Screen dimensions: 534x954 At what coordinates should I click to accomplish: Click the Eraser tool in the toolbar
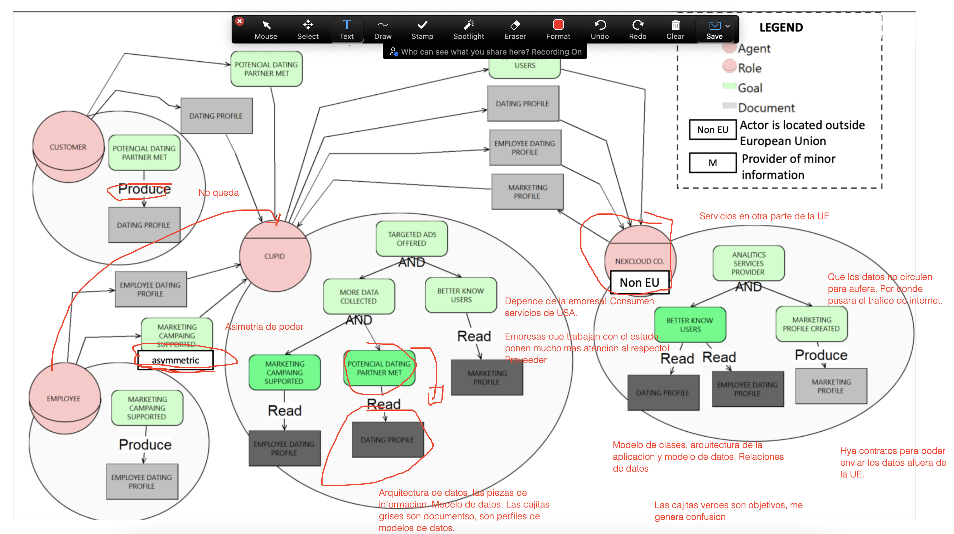tap(515, 29)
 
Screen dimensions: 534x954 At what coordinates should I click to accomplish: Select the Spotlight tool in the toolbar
tap(468, 29)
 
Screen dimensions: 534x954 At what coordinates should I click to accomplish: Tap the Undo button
tap(600, 29)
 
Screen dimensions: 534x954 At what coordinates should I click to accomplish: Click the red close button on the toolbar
tap(240, 22)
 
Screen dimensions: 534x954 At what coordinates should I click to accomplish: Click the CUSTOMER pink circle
tap(68, 147)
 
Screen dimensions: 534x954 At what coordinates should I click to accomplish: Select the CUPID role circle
tap(275, 256)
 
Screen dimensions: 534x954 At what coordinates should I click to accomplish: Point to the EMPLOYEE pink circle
tap(64, 398)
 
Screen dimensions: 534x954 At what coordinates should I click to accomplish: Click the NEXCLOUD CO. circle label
tap(640, 261)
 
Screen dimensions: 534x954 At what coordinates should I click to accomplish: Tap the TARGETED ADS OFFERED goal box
tap(411, 239)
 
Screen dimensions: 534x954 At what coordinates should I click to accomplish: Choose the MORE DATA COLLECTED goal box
tap(359, 296)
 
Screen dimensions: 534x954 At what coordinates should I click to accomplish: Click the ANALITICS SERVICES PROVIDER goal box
tap(748, 263)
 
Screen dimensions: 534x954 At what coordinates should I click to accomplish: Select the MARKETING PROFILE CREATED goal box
tap(811, 324)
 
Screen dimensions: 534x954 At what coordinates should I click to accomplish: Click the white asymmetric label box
tap(175, 360)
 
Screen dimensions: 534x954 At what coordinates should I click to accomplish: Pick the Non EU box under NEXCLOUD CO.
tap(640, 283)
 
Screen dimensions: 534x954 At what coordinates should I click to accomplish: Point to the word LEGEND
tap(781, 27)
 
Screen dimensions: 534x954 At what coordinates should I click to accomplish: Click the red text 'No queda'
tap(219, 192)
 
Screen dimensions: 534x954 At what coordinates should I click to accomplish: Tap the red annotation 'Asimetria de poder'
tap(264, 326)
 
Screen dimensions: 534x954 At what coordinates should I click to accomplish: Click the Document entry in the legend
tap(766, 108)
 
